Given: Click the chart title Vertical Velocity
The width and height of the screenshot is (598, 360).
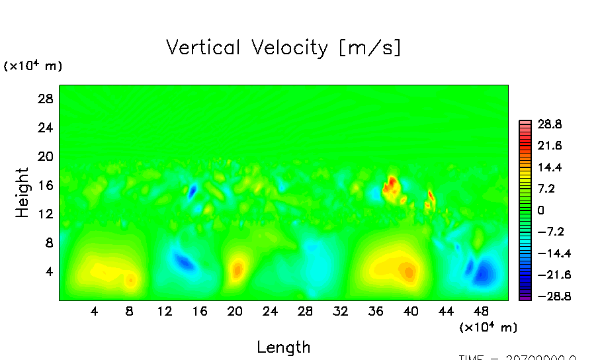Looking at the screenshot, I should pos(283,48).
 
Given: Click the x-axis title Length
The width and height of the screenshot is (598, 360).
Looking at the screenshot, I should pos(283,347).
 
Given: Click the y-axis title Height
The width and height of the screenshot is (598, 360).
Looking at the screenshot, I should pos(22,193).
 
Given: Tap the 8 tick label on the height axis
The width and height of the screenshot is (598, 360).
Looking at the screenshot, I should pos(48,243).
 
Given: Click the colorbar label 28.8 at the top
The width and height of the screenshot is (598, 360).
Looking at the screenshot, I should pos(549,124).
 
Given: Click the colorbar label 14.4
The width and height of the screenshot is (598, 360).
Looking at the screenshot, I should pos(549,167).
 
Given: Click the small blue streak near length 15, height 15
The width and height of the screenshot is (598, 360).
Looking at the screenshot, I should pos(192,192).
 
